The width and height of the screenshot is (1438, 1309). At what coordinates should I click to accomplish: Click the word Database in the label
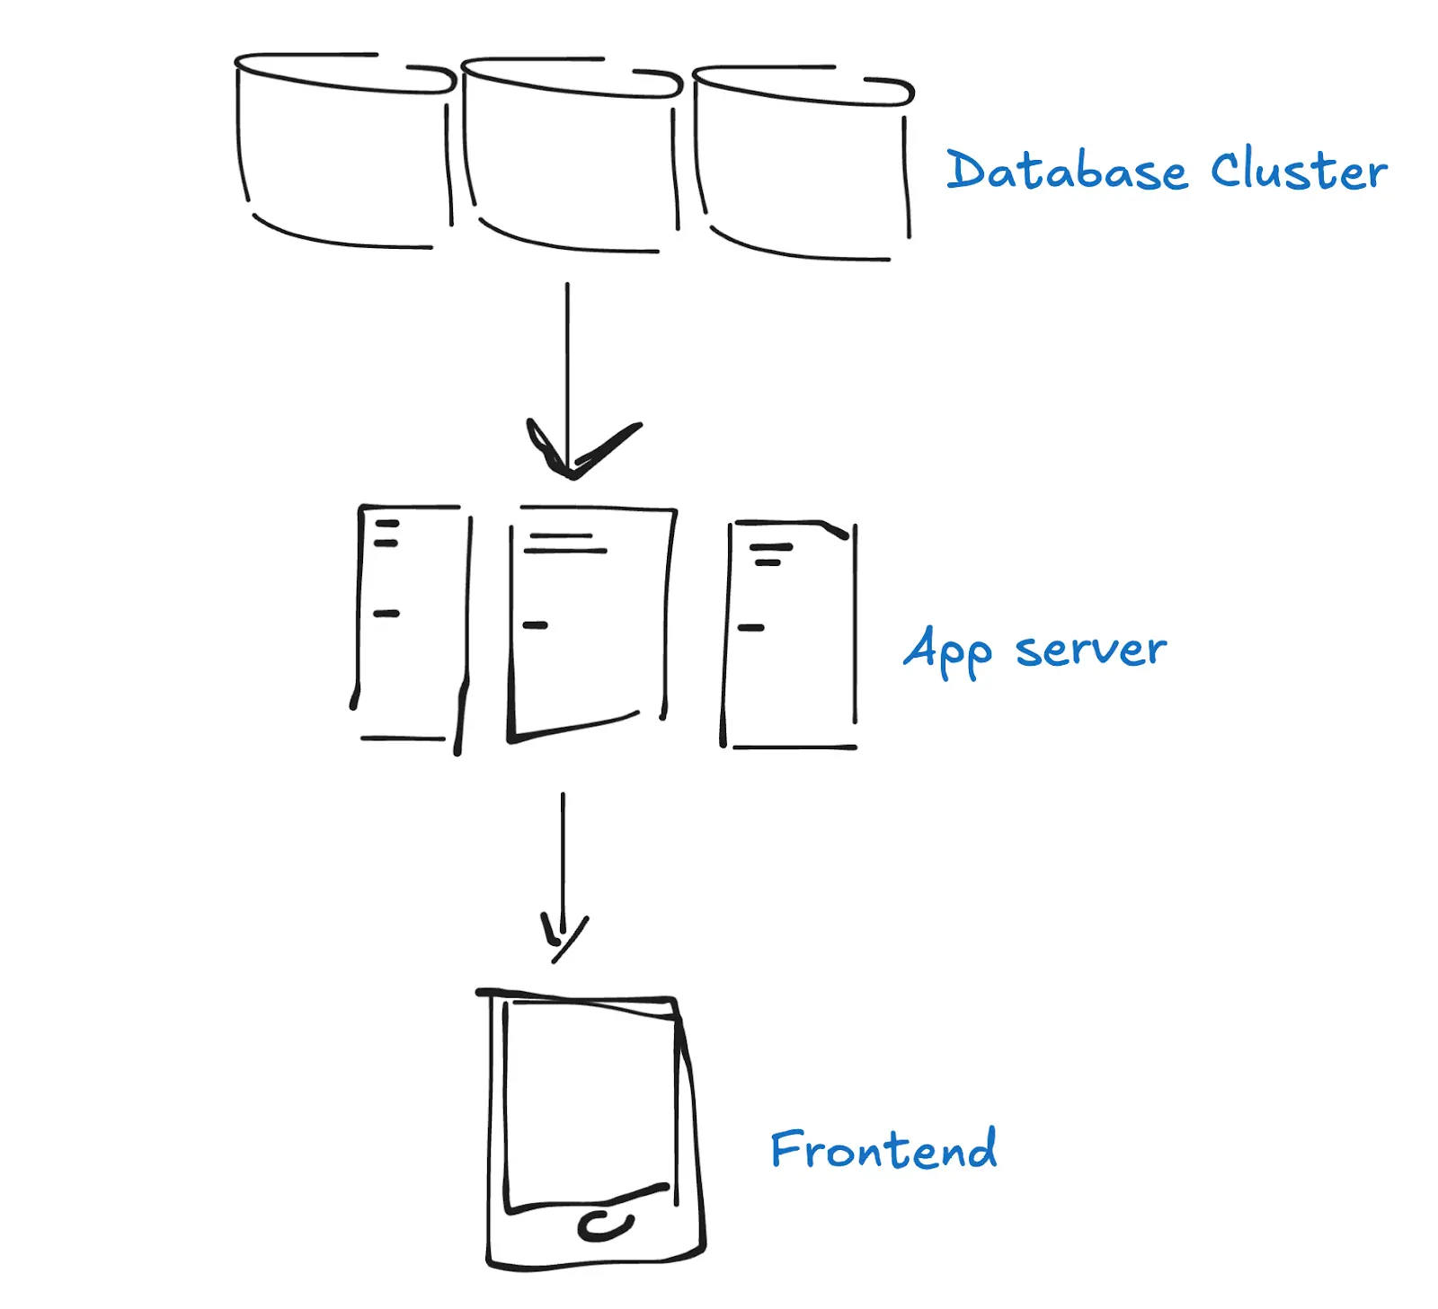1066,171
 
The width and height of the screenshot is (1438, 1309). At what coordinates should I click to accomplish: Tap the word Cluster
1298,171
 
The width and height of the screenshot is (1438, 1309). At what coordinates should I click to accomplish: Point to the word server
1090,650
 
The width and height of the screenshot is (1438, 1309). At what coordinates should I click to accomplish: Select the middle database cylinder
571,157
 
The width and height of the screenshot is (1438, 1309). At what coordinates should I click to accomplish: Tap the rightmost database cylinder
803,166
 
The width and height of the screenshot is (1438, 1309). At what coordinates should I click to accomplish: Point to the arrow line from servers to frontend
563,854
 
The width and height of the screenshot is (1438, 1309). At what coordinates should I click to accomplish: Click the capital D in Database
965,170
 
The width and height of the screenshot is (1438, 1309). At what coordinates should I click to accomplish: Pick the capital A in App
921,647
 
